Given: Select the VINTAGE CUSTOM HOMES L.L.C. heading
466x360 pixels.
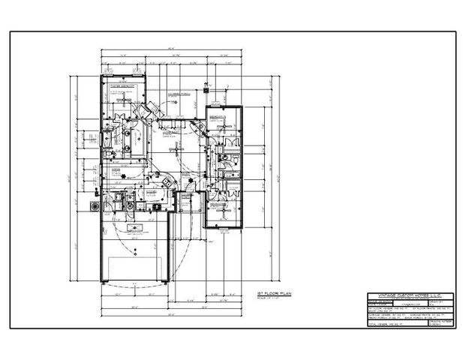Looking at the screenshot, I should click(x=404, y=295).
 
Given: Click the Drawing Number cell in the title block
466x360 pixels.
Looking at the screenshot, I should click(x=435, y=319).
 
